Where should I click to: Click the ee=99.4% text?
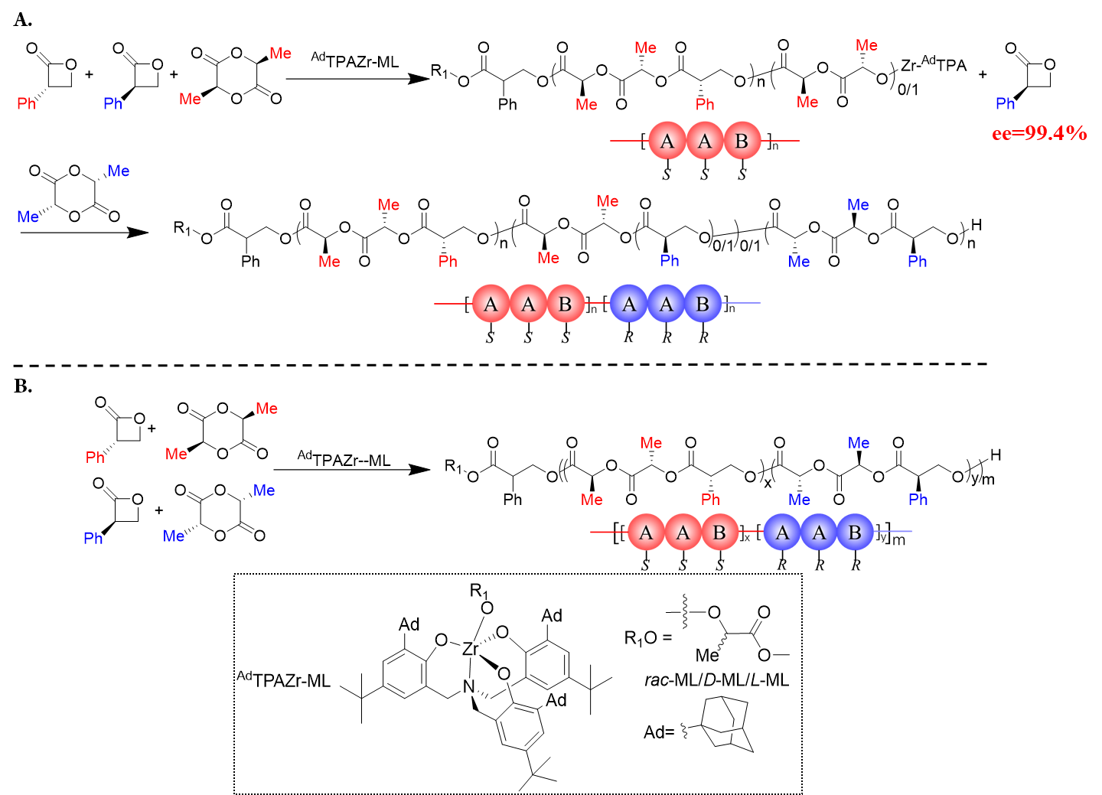(x=1038, y=134)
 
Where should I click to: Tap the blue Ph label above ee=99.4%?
(x=1005, y=104)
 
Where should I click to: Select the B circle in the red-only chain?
(x=742, y=141)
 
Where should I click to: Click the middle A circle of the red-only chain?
(x=705, y=141)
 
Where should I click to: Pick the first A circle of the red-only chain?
(x=667, y=141)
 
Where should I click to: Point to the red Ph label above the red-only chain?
(x=705, y=105)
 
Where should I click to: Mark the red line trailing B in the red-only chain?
(x=781, y=141)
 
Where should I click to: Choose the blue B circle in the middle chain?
(x=703, y=304)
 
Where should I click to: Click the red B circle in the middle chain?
(x=566, y=304)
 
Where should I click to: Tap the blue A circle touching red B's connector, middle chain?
(x=628, y=304)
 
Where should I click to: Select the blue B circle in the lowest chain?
(x=855, y=532)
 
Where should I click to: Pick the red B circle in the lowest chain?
(x=719, y=532)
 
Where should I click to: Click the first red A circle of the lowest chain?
(x=646, y=532)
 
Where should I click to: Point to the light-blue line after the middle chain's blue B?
(x=742, y=303)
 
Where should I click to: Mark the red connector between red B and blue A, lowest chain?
(x=751, y=531)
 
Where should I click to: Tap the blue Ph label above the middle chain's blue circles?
(x=670, y=261)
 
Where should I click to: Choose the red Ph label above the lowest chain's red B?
(x=710, y=500)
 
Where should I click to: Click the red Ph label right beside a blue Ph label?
(x=26, y=104)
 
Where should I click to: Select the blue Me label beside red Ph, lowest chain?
(x=799, y=500)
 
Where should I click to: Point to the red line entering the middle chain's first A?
(x=452, y=304)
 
